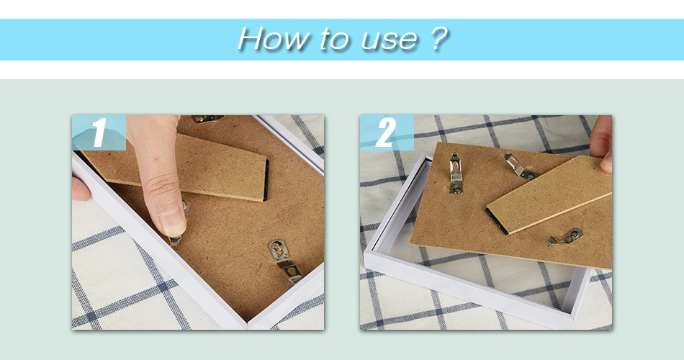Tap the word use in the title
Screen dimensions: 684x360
(x=389, y=40)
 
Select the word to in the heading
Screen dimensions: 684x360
(x=335, y=40)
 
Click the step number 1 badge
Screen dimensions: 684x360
(x=99, y=132)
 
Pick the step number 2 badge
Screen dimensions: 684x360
(x=387, y=132)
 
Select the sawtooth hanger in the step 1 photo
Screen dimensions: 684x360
(x=285, y=261)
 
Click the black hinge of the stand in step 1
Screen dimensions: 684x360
(x=266, y=180)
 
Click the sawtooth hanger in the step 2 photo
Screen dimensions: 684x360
(x=456, y=174)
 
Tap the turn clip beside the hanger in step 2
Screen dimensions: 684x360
(x=521, y=167)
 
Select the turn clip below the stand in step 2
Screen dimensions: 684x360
(x=566, y=236)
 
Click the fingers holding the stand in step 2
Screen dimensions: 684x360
(x=603, y=144)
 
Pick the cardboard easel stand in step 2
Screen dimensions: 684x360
(x=549, y=194)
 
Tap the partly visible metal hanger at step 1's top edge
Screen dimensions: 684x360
(x=207, y=119)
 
